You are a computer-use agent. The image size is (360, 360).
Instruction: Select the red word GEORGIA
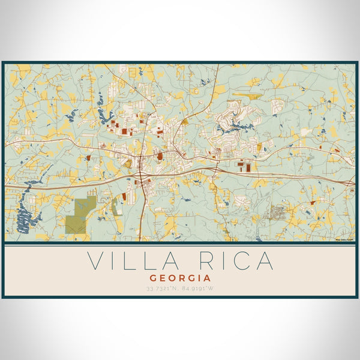click(x=180, y=278)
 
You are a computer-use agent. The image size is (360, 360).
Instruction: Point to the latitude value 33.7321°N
click(x=162, y=289)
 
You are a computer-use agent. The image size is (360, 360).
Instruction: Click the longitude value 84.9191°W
click(x=199, y=289)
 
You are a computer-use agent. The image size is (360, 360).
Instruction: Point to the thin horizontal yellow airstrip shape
click(x=245, y=94)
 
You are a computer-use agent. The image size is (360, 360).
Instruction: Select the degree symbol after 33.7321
click(x=170, y=287)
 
